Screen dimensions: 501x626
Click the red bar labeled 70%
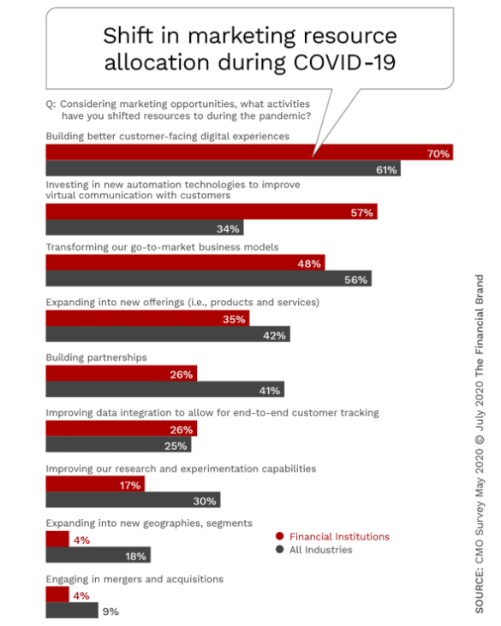click(x=249, y=152)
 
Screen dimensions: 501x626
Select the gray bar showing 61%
click(x=224, y=168)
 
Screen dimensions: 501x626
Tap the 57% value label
click(x=362, y=213)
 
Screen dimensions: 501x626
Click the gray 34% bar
click(x=145, y=227)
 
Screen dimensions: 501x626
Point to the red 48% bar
click(x=186, y=263)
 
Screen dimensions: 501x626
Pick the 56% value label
click(x=356, y=280)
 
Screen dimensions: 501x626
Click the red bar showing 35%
click(x=147, y=318)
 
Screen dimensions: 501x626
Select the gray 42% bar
click(x=168, y=334)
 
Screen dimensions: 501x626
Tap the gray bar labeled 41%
click(x=165, y=389)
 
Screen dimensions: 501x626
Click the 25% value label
click(x=176, y=446)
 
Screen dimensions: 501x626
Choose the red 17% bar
click(x=95, y=484)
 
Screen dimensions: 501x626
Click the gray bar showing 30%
click(x=133, y=499)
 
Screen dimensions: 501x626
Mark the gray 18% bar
click(x=98, y=554)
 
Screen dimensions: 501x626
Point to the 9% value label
click(x=110, y=611)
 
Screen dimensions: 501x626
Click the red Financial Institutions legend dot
click(x=279, y=536)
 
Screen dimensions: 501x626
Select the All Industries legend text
click(x=320, y=550)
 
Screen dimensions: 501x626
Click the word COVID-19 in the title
click(x=344, y=62)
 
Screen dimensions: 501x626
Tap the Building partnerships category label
click(x=97, y=357)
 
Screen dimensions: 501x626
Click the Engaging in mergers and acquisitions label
click(x=134, y=579)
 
